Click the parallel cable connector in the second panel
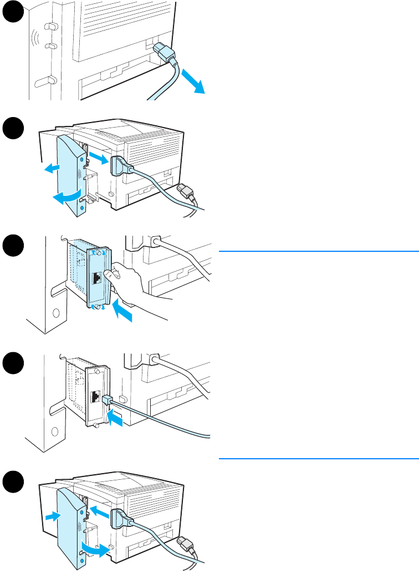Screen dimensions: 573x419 [122, 166]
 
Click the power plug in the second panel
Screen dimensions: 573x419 [187, 195]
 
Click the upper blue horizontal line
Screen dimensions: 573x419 [318, 251]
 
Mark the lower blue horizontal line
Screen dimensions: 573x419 [318, 459]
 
